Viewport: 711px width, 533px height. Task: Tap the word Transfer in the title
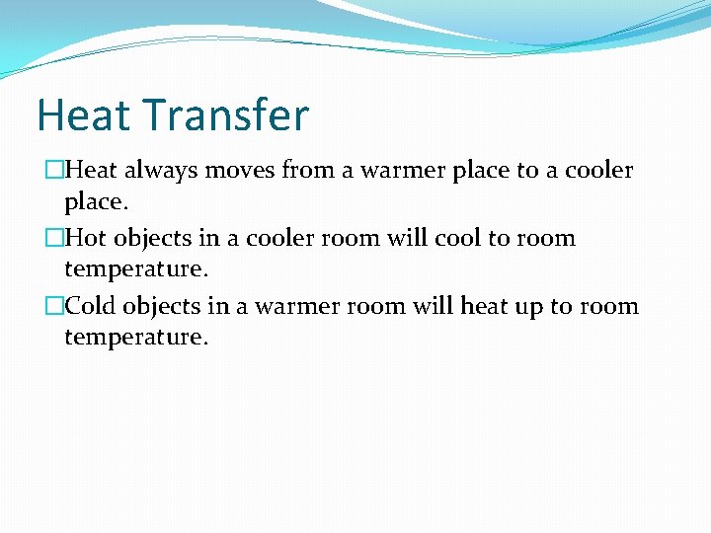pyautogui.click(x=226, y=115)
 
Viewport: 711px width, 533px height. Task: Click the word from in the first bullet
pyautogui.click(x=307, y=171)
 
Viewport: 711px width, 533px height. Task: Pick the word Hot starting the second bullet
pyautogui.click(x=85, y=239)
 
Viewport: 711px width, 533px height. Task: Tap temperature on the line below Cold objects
pyautogui.click(x=135, y=339)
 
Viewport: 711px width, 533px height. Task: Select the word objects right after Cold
pyautogui.click(x=167, y=307)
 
